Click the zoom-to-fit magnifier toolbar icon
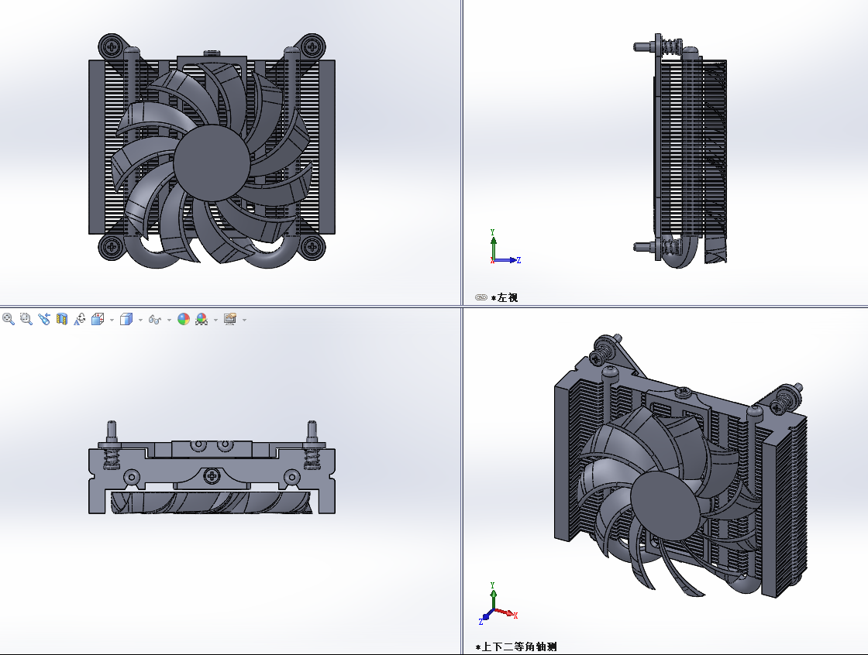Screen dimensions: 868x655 [9, 319]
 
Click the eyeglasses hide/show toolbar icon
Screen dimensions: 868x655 [154, 320]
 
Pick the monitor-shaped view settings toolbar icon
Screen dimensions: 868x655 [229, 319]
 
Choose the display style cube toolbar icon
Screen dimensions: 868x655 [126, 319]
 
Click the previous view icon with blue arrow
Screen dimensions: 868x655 [44, 319]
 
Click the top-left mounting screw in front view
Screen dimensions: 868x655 [112, 46]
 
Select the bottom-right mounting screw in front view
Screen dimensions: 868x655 [312, 246]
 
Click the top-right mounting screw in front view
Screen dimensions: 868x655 [312, 46]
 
